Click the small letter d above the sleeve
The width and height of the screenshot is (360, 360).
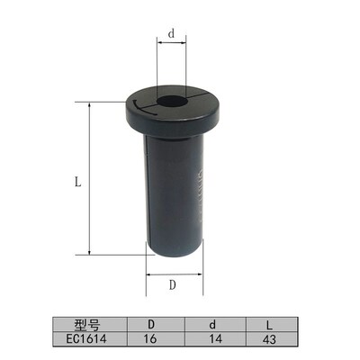coord(171,33)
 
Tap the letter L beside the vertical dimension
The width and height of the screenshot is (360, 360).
coord(78,181)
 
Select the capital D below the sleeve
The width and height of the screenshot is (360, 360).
coord(172,284)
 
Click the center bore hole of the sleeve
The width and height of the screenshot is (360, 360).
coord(172,101)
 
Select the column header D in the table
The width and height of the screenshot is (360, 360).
coord(151,325)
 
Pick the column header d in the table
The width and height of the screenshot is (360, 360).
coord(212,325)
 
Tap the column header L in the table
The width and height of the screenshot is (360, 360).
coord(269,325)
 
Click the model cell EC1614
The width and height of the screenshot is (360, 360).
coord(86,339)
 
